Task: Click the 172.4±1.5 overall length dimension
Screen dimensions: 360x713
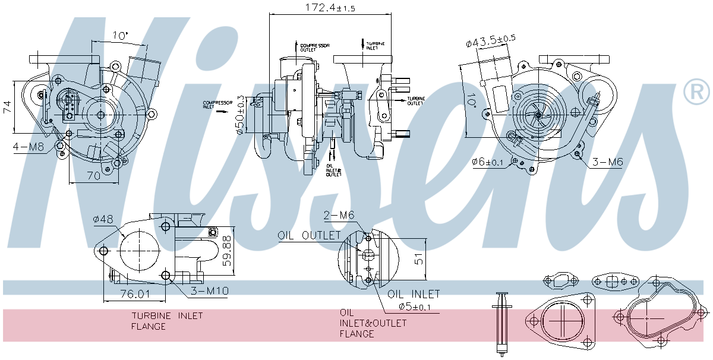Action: coord(321,8)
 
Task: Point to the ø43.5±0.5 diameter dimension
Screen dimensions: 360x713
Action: coord(491,41)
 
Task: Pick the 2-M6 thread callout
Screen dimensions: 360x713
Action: coord(339,214)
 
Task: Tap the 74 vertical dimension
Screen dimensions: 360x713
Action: coord(7,106)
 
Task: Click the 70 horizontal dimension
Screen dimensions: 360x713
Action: coord(93,175)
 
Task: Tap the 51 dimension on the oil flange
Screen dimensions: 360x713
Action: coord(419,259)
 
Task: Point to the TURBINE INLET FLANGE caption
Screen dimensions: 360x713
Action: coord(167,321)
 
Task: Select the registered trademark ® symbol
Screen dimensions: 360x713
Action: coord(696,91)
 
